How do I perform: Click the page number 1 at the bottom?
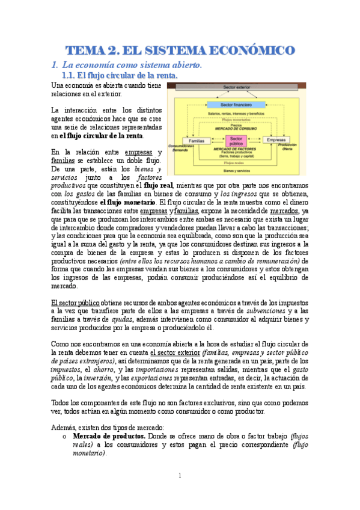(179, 475)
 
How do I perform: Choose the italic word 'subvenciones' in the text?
(267, 310)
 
